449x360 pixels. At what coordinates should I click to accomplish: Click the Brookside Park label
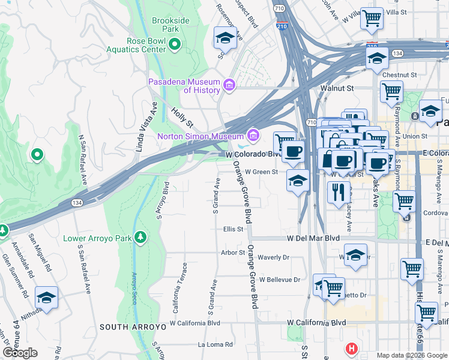click(x=170, y=25)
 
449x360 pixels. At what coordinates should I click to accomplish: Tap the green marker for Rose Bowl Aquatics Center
click(x=175, y=44)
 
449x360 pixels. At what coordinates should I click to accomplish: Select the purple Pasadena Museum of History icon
click(x=228, y=86)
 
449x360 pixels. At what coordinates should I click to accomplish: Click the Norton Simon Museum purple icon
click(x=253, y=136)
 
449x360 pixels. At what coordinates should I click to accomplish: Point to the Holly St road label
click(x=181, y=117)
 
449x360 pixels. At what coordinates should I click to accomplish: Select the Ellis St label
click(x=233, y=229)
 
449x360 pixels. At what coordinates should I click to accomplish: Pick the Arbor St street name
click(x=233, y=253)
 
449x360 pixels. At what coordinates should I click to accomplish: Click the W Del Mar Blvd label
click(x=313, y=238)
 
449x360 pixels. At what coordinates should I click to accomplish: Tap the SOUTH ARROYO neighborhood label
click(x=132, y=327)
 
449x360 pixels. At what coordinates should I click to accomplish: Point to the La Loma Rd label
click(x=215, y=345)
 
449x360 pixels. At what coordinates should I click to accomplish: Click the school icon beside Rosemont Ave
click(x=225, y=38)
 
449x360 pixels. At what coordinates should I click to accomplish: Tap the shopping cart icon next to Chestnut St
click(x=391, y=92)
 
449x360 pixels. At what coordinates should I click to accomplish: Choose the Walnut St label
click(x=337, y=88)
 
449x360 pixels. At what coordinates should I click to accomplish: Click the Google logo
click(x=20, y=353)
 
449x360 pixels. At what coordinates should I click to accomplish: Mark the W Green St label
click(x=261, y=172)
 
